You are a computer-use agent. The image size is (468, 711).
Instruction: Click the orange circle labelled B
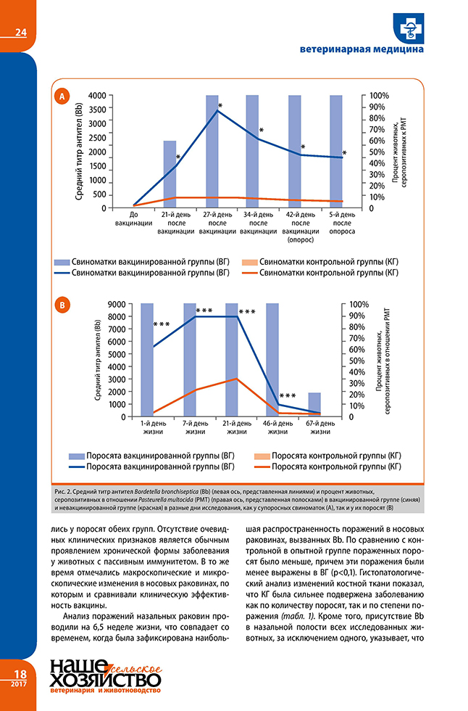(x=64, y=305)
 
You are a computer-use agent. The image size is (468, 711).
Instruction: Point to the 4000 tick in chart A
(x=96, y=96)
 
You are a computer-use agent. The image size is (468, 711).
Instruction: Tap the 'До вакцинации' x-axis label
(x=133, y=219)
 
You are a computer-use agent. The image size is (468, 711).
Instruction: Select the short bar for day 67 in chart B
(x=315, y=404)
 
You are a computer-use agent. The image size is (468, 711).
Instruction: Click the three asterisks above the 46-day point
(x=288, y=396)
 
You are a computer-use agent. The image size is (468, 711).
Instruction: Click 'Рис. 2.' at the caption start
(x=63, y=492)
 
